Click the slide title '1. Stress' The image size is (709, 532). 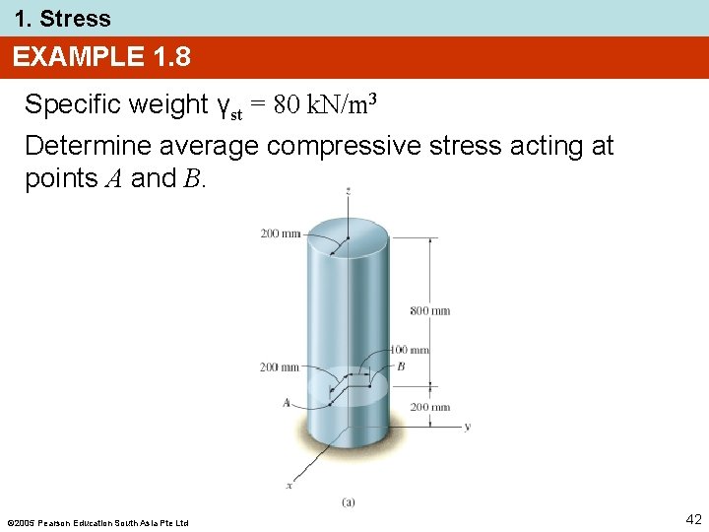pos(62,19)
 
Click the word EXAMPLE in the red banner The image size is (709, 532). pos(79,57)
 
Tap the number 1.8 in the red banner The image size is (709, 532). pos(172,57)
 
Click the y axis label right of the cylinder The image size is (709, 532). pos(467,427)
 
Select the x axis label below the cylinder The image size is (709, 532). pos(289,485)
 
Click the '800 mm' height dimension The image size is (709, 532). pos(430,310)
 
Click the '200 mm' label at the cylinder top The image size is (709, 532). pos(281,233)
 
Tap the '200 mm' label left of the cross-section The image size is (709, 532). pos(280,367)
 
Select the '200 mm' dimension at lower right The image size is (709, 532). pos(430,407)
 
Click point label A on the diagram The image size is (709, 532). pos(286,402)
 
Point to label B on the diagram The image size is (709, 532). pos(401,366)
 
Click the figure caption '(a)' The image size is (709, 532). pos(349,502)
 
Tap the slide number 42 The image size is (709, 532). pos(692,519)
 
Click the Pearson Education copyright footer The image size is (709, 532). pos(97,522)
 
